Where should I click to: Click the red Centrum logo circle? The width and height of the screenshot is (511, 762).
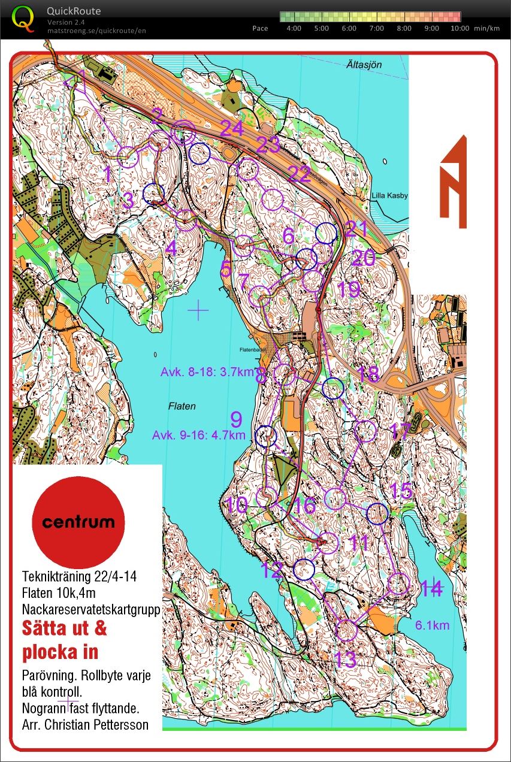[78, 521]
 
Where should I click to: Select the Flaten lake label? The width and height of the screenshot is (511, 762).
[182, 406]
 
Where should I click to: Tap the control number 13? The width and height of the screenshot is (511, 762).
[345, 659]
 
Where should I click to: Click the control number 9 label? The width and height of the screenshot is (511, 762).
[237, 418]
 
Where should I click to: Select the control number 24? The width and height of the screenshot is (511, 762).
[232, 128]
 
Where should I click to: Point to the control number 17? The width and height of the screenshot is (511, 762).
[400, 430]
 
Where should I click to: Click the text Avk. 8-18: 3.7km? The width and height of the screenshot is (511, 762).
[208, 372]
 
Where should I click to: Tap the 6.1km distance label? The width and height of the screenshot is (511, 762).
[432, 625]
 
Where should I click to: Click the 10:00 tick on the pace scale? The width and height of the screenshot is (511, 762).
[459, 28]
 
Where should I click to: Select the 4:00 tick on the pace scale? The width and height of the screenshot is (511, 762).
[294, 28]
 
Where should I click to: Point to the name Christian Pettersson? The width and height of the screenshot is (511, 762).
[114, 725]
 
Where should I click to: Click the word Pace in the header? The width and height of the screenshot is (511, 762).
[260, 28]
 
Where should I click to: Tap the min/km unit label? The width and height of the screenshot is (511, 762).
[486, 28]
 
